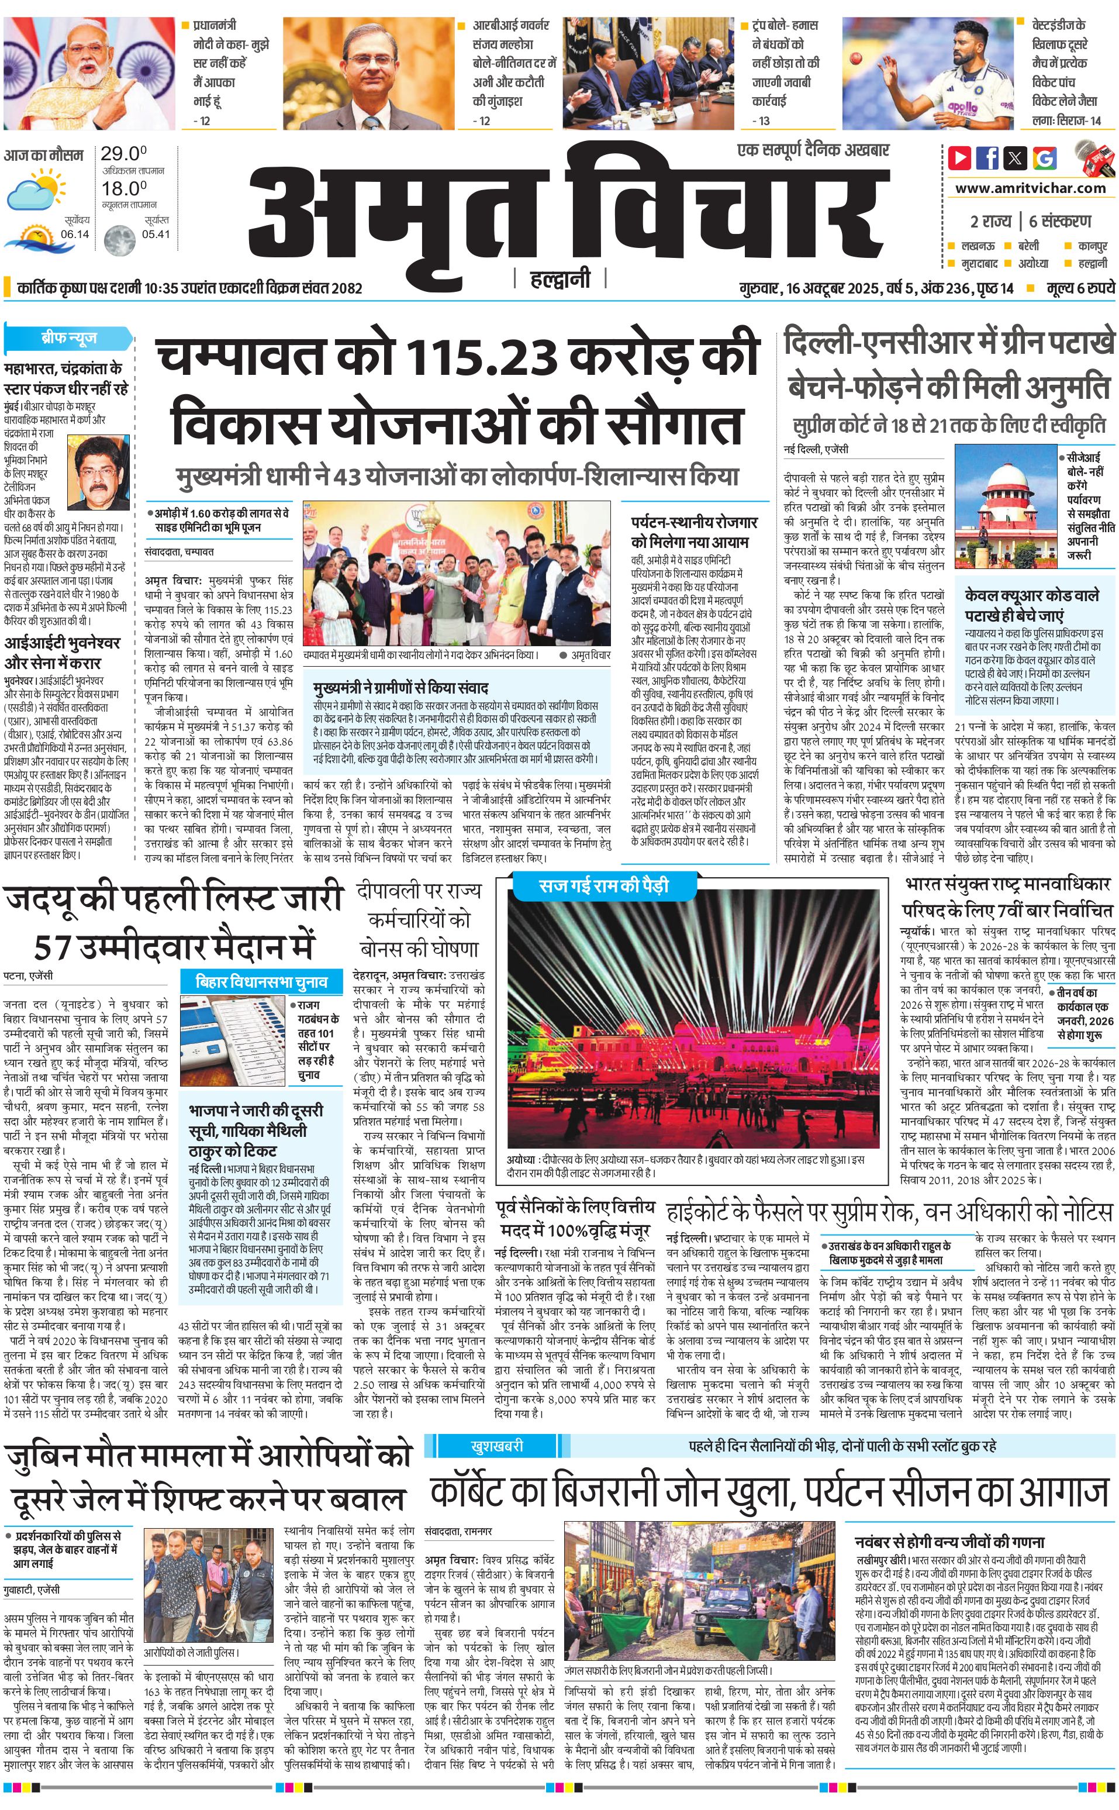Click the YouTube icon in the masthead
click(959, 158)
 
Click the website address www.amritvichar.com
click(1030, 188)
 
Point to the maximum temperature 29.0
click(123, 154)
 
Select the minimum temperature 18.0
click(123, 188)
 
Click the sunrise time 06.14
click(75, 234)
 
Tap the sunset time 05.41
click(156, 234)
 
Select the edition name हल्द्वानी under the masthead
click(560, 278)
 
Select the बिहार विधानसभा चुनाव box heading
click(261, 982)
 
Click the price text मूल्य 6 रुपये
click(1080, 288)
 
